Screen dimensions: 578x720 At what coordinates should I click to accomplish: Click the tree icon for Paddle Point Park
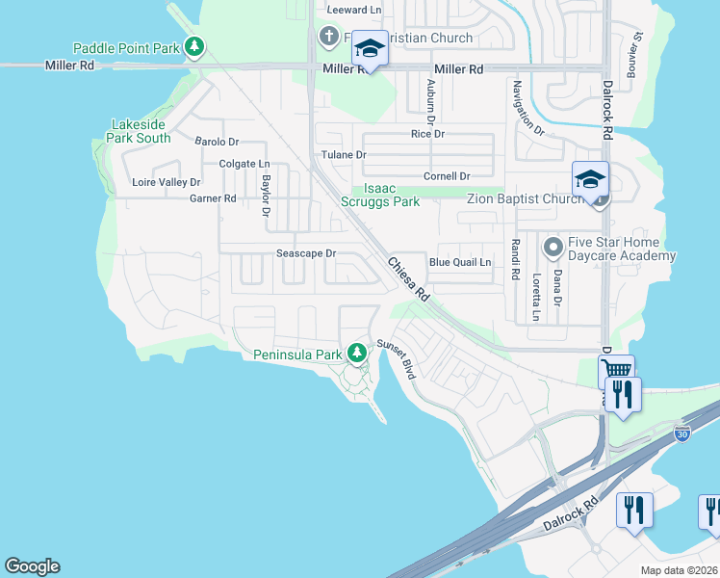tap(195, 47)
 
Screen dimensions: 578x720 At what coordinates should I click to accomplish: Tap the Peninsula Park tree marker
tap(357, 355)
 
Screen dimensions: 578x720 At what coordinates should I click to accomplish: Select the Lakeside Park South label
tap(141, 131)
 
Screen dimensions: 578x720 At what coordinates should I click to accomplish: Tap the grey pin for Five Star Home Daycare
tap(553, 249)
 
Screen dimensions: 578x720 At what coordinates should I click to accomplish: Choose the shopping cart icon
tap(615, 370)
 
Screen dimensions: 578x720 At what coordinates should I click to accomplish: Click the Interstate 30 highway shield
tap(681, 433)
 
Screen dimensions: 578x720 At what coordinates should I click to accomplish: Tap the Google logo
tap(32, 566)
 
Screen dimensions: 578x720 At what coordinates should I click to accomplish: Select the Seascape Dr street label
tap(305, 254)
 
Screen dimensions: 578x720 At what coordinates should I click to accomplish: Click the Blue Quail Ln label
tap(460, 262)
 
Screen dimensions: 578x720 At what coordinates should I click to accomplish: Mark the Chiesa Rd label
tap(408, 280)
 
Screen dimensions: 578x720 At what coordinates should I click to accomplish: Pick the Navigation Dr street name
tap(527, 107)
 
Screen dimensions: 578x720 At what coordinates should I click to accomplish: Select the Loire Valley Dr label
tap(166, 182)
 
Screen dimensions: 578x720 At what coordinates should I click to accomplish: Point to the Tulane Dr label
tap(344, 155)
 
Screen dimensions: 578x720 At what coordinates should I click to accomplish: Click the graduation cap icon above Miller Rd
tap(369, 47)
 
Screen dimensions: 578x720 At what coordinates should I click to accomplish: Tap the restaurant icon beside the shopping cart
tap(623, 394)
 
